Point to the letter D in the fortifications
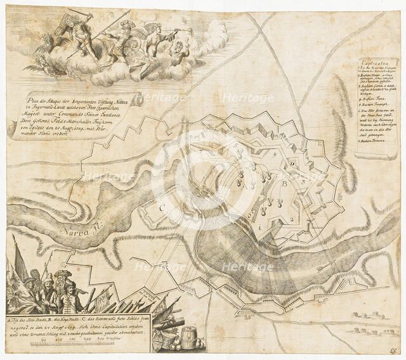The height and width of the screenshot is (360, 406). (x=292, y=164)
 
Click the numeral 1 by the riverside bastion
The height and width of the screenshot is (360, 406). (x=260, y=226)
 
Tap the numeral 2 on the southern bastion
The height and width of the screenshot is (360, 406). (x=291, y=219)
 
